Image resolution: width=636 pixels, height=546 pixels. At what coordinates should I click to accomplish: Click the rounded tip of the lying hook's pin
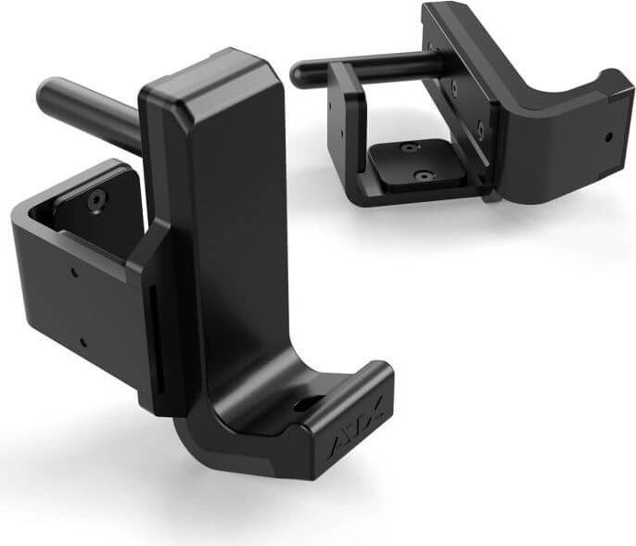(299, 72)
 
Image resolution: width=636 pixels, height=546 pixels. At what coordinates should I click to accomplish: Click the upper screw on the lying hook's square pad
(407, 147)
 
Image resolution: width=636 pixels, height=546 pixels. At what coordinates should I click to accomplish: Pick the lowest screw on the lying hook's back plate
(481, 127)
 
